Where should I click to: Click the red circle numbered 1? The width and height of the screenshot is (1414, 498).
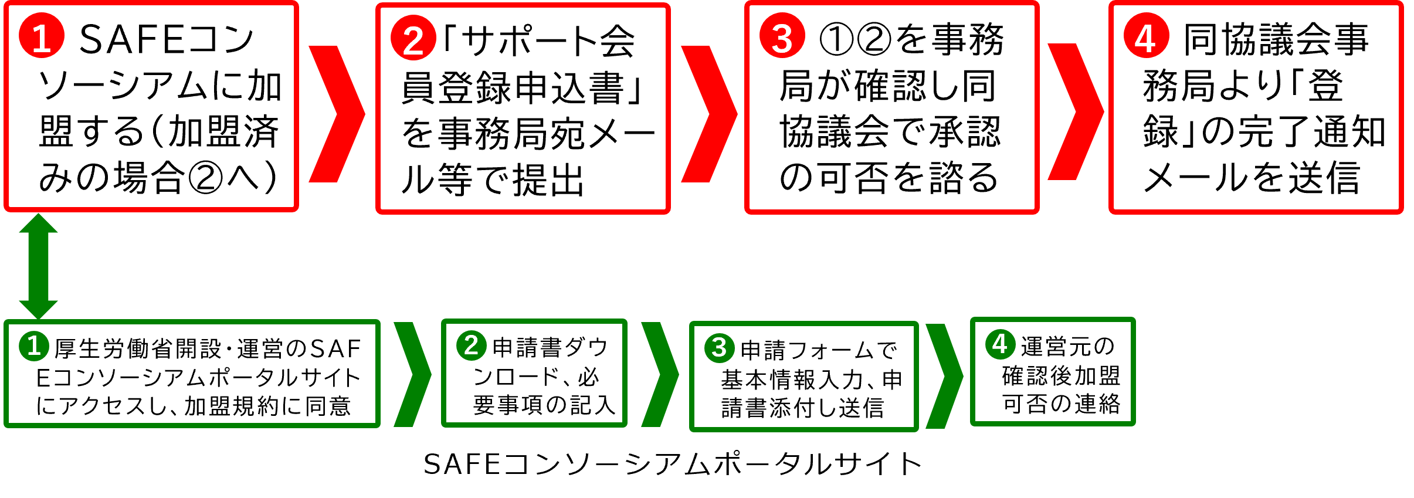tap(41, 36)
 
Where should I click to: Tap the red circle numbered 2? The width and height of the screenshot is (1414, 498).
tap(413, 38)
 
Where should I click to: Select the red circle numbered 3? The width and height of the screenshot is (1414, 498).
tap(782, 36)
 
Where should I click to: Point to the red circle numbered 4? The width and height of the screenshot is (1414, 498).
tap(1146, 36)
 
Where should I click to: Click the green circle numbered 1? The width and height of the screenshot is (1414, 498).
tap(34, 345)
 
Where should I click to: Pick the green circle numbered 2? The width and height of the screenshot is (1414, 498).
tap(472, 345)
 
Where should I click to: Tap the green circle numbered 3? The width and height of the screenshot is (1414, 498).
tap(720, 348)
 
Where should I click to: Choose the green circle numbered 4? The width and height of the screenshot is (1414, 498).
tap(1000, 344)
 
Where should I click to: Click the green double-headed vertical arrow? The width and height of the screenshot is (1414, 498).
tap(39, 266)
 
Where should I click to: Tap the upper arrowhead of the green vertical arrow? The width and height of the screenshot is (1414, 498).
tap(39, 224)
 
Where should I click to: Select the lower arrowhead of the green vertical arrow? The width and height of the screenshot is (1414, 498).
tap(39, 309)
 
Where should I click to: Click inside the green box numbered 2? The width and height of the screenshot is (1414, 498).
tap(534, 387)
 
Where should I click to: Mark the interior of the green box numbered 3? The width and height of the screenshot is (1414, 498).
tap(804, 390)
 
